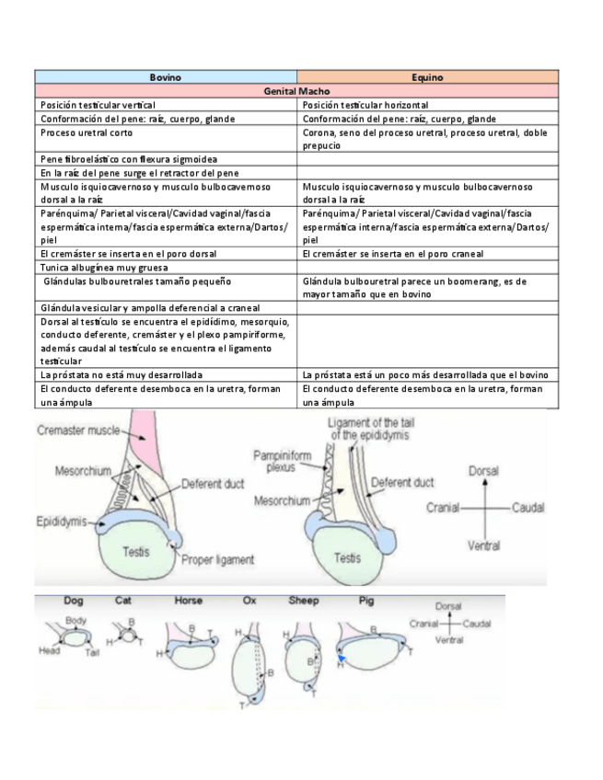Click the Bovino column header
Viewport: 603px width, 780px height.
click(x=166, y=77)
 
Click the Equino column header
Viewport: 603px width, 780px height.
click(x=429, y=77)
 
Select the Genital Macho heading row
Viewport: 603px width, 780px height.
click(x=297, y=91)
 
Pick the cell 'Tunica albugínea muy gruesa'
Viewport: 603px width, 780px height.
click(x=97, y=267)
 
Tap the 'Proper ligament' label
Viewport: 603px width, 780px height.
click(x=216, y=558)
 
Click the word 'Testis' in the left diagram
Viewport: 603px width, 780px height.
click(x=136, y=552)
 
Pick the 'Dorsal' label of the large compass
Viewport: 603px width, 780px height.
click(x=483, y=470)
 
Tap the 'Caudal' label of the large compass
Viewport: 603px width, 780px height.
click(x=528, y=508)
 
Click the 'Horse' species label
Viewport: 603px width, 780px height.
click(x=189, y=601)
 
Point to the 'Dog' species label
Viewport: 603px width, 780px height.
click(x=73, y=601)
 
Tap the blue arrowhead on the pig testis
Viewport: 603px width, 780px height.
click(x=342, y=659)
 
